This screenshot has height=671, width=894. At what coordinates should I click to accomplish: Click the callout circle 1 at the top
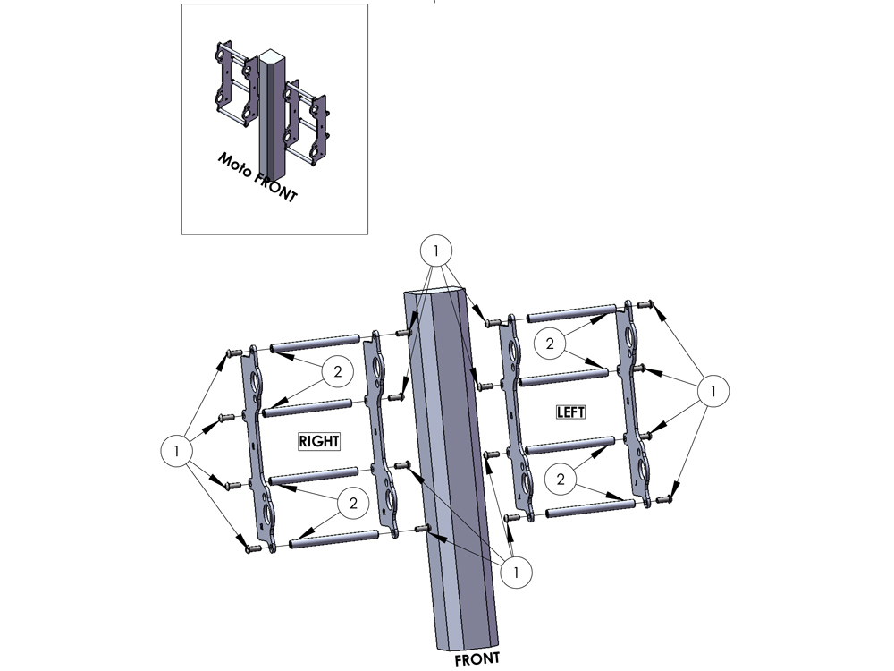[436, 251]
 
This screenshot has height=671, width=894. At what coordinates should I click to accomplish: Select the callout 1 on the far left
[177, 451]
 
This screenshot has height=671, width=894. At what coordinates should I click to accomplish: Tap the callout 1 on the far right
[713, 392]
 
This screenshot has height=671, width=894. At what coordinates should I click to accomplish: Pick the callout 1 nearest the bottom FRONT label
[516, 573]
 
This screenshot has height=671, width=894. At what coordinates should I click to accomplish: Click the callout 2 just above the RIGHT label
[338, 372]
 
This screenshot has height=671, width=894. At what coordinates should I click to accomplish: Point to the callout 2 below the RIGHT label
[353, 503]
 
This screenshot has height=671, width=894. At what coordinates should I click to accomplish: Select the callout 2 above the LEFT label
[550, 344]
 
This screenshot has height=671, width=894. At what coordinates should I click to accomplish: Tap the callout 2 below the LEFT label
[561, 480]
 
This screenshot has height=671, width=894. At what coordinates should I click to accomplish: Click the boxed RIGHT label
[319, 441]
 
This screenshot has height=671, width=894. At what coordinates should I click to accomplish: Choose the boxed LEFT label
[570, 412]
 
